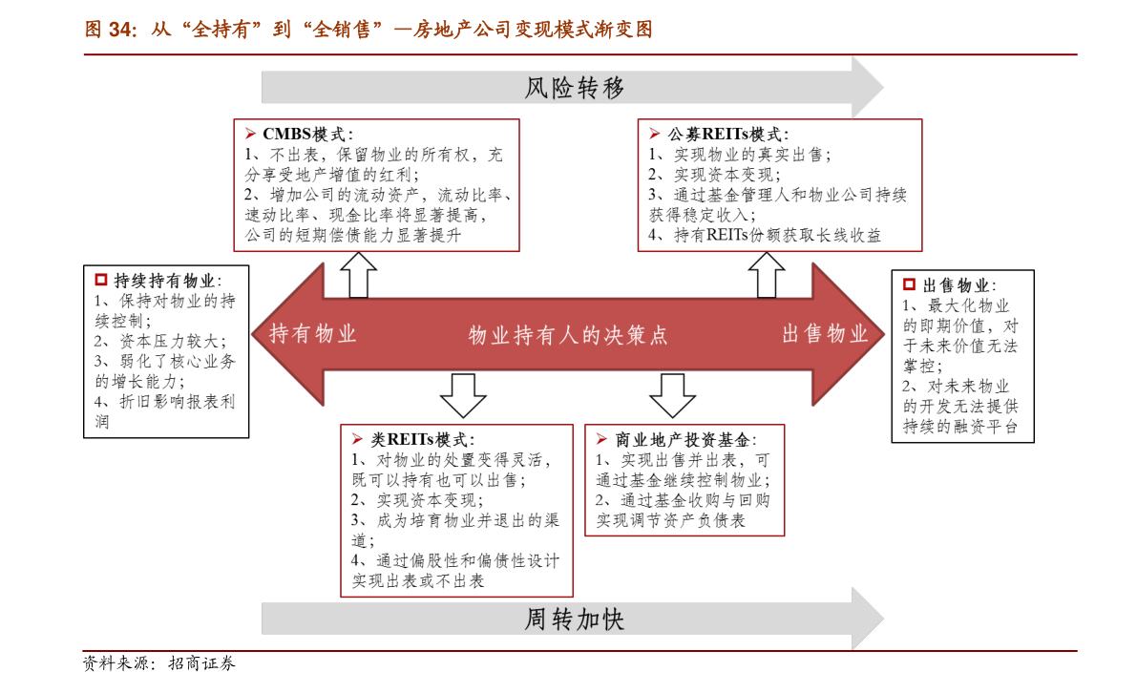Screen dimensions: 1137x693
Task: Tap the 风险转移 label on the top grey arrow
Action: (x=575, y=88)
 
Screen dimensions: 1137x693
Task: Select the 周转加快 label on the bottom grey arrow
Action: (x=575, y=619)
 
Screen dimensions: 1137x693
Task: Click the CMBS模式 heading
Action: (x=304, y=134)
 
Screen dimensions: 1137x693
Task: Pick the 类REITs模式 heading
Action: (x=420, y=439)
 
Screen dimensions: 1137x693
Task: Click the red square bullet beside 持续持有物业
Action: (x=101, y=280)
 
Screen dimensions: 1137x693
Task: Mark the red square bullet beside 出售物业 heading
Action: (x=909, y=284)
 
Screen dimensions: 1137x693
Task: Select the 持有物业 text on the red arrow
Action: (x=312, y=333)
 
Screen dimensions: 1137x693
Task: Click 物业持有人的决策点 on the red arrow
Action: (x=568, y=335)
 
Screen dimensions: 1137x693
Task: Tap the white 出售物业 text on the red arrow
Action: (x=825, y=333)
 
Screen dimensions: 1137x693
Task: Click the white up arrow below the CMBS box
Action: (x=358, y=275)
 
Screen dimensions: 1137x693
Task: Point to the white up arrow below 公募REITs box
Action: (x=767, y=275)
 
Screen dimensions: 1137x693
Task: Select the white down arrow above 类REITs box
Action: (x=463, y=396)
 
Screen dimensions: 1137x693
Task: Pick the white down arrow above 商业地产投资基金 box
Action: (x=672, y=396)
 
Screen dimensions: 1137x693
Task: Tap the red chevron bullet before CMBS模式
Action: (x=250, y=134)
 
